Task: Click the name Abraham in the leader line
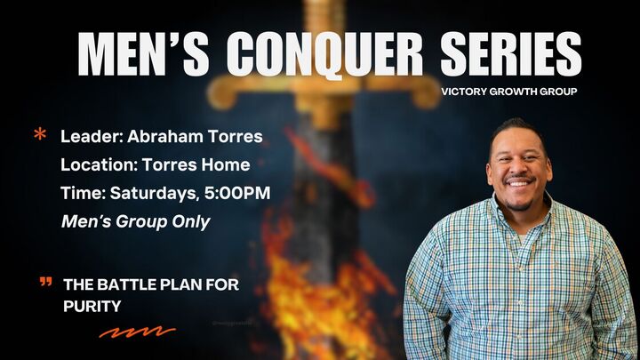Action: coord(162,137)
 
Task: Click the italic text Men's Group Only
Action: coord(135,221)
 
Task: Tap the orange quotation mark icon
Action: coord(46,283)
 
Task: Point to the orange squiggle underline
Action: coord(137,333)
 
